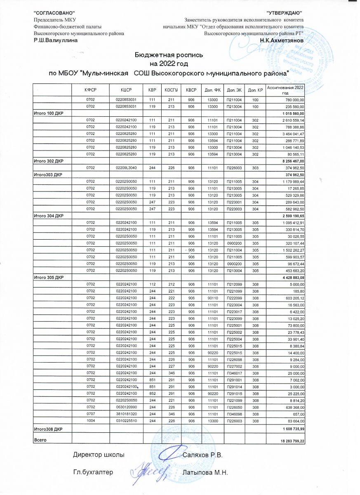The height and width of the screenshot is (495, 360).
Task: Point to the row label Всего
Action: [40, 441]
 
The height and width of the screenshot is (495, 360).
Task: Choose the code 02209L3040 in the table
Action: [126, 168]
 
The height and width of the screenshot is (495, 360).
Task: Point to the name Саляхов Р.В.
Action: [202, 455]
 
